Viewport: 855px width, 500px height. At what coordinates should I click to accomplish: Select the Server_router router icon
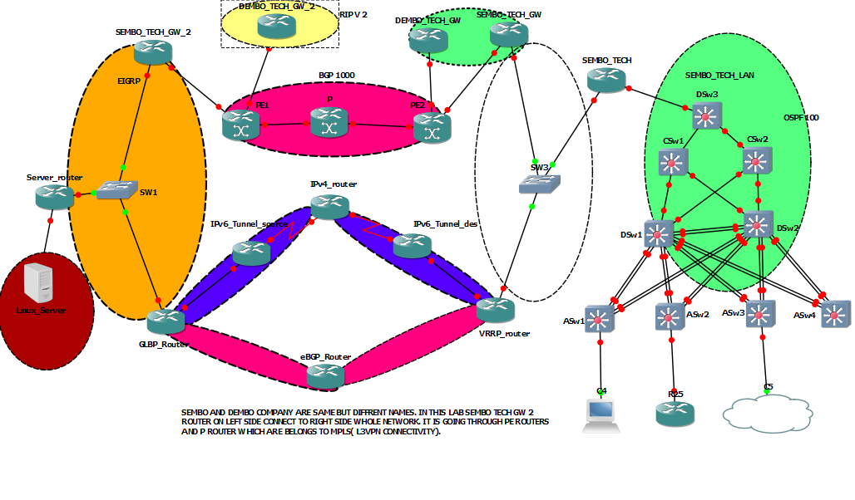click(x=55, y=197)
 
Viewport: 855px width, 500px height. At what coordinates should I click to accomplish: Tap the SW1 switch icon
click(x=116, y=190)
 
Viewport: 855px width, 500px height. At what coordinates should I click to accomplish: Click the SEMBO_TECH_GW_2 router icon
click(x=153, y=52)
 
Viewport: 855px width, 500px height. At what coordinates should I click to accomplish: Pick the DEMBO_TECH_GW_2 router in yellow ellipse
click(x=276, y=27)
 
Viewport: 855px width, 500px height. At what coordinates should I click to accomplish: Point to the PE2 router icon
click(x=432, y=126)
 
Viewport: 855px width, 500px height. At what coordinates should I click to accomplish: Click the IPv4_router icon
click(x=331, y=206)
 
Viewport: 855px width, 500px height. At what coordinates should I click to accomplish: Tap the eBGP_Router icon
click(x=325, y=376)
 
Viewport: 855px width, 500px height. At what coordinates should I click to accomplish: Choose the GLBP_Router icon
click(x=166, y=321)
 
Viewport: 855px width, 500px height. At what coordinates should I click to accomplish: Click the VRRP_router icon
click(x=497, y=310)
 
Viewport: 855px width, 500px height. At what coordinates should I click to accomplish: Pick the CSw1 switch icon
click(x=673, y=162)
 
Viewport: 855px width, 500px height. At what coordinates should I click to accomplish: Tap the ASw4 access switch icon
click(x=836, y=315)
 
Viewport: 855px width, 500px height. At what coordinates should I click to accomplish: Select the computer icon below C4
click(x=601, y=414)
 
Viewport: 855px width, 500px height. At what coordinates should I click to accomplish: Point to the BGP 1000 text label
click(x=337, y=75)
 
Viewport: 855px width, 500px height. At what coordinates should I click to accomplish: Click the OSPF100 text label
click(x=801, y=118)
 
